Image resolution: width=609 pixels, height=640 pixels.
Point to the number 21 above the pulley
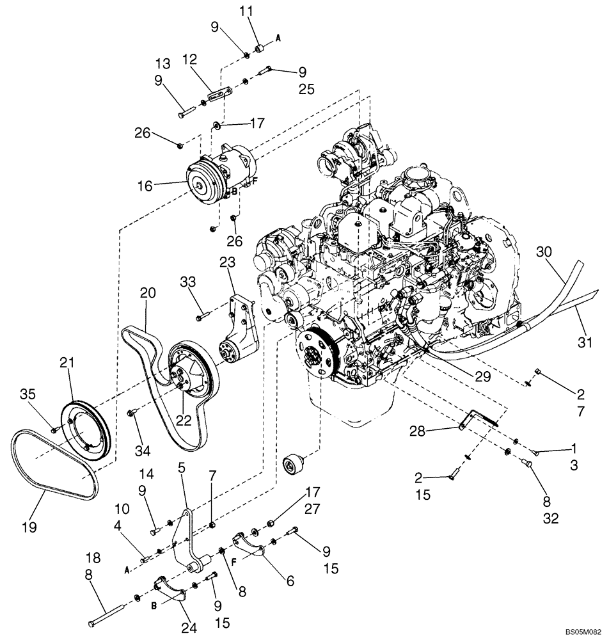tap(67, 363)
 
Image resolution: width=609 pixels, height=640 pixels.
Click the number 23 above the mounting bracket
tap(228, 262)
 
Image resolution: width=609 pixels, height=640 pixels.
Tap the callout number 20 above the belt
tap(147, 292)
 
